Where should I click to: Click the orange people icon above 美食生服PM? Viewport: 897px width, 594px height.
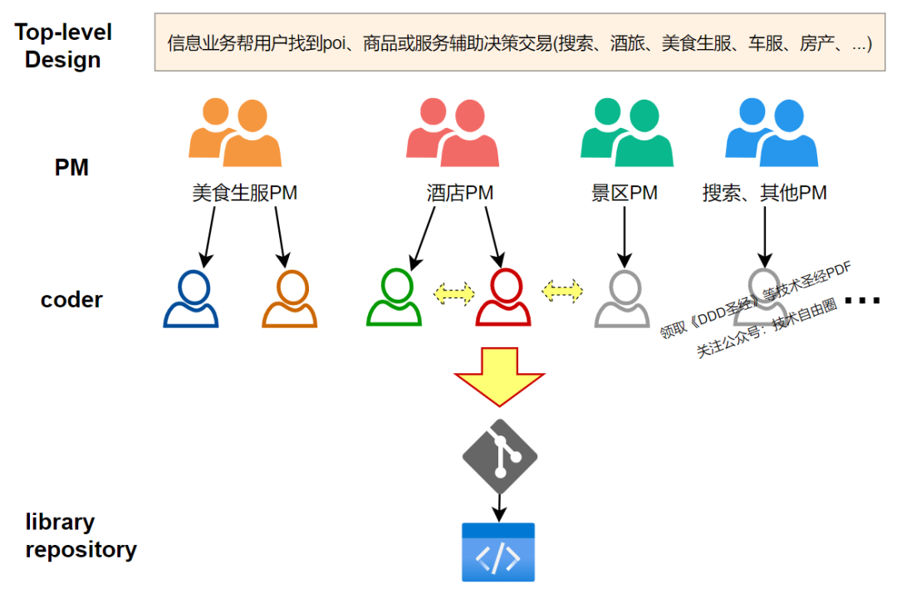coord(235,133)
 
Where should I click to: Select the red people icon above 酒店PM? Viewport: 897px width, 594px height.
coord(453,133)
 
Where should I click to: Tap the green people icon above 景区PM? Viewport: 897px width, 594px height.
coord(626,133)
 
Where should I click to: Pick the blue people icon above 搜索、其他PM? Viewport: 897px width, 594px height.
coord(772,133)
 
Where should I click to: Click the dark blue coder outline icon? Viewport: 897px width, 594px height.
coord(191,299)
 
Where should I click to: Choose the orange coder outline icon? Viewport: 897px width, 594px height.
coord(290,299)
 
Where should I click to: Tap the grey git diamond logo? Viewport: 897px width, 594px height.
coord(499,456)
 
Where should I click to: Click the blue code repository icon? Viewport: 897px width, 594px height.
coord(498,552)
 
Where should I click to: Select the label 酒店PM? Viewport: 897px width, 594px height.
coord(454,194)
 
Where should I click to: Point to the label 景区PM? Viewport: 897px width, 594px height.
coord(625,194)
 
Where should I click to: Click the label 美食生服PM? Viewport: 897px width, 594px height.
coord(244,194)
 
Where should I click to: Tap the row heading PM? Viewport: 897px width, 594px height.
coord(71,168)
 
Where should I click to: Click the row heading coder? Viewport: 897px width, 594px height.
coord(71,300)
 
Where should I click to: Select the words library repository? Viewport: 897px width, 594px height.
coord(81,536)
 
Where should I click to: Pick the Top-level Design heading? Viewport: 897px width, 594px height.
coord(63,47)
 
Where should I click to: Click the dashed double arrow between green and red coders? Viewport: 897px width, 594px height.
coord(454,292)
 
